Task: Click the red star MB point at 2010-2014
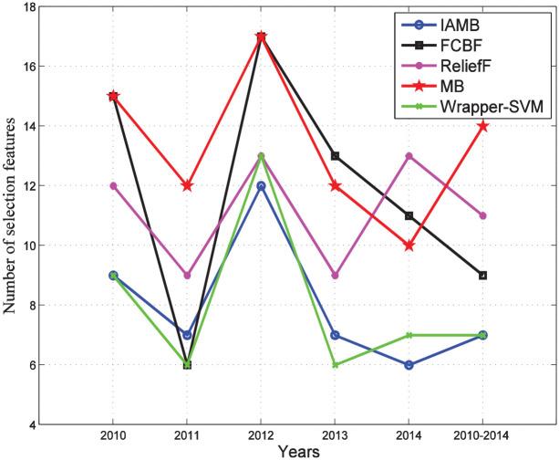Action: [483, 126]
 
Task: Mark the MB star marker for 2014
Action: [409, 246]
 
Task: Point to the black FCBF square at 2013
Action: [336, 156]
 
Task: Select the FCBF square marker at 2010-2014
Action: [483, 275]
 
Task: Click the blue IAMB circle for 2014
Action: [409, 365]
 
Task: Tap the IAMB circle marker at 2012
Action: [261, 186]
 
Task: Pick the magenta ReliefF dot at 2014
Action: [409, 156]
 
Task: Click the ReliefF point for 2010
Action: [113, 185]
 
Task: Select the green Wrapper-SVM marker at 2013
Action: [336, 364]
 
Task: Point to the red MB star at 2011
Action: [187, 185]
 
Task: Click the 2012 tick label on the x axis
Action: [261, 436]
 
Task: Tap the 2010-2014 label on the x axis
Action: [483, 436]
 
